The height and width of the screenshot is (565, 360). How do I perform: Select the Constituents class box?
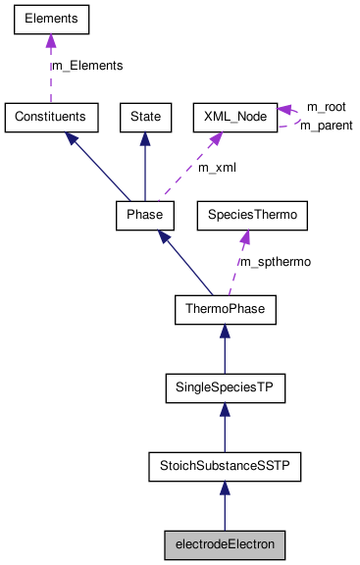pyautogui.click(x=50, y=117)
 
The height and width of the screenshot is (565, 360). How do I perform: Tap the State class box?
pyautogui.click(x=145, y=117)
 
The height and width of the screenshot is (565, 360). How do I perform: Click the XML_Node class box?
pyautogui.click(x=233, y=117)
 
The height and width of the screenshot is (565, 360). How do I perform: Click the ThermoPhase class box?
pyautogui.click(x=225, y=310)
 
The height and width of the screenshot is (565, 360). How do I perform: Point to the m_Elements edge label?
pyautogui.click(x=87, y=66)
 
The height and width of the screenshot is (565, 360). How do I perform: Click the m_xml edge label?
pyautogui.click(x=217, y=167)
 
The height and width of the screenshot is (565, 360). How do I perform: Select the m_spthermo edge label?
pyautogui.click(x=276, y=262)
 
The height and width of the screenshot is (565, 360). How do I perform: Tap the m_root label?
pyautogui.click(x=326, y=106)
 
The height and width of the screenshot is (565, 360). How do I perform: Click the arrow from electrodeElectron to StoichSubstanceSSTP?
pyautogui.click(x=225, y=505)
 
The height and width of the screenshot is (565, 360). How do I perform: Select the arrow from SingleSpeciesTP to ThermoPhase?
pyautogui.click(x=225, y=350)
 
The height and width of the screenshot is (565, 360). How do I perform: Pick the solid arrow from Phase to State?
pyautogui.click(x=145, y=166)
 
